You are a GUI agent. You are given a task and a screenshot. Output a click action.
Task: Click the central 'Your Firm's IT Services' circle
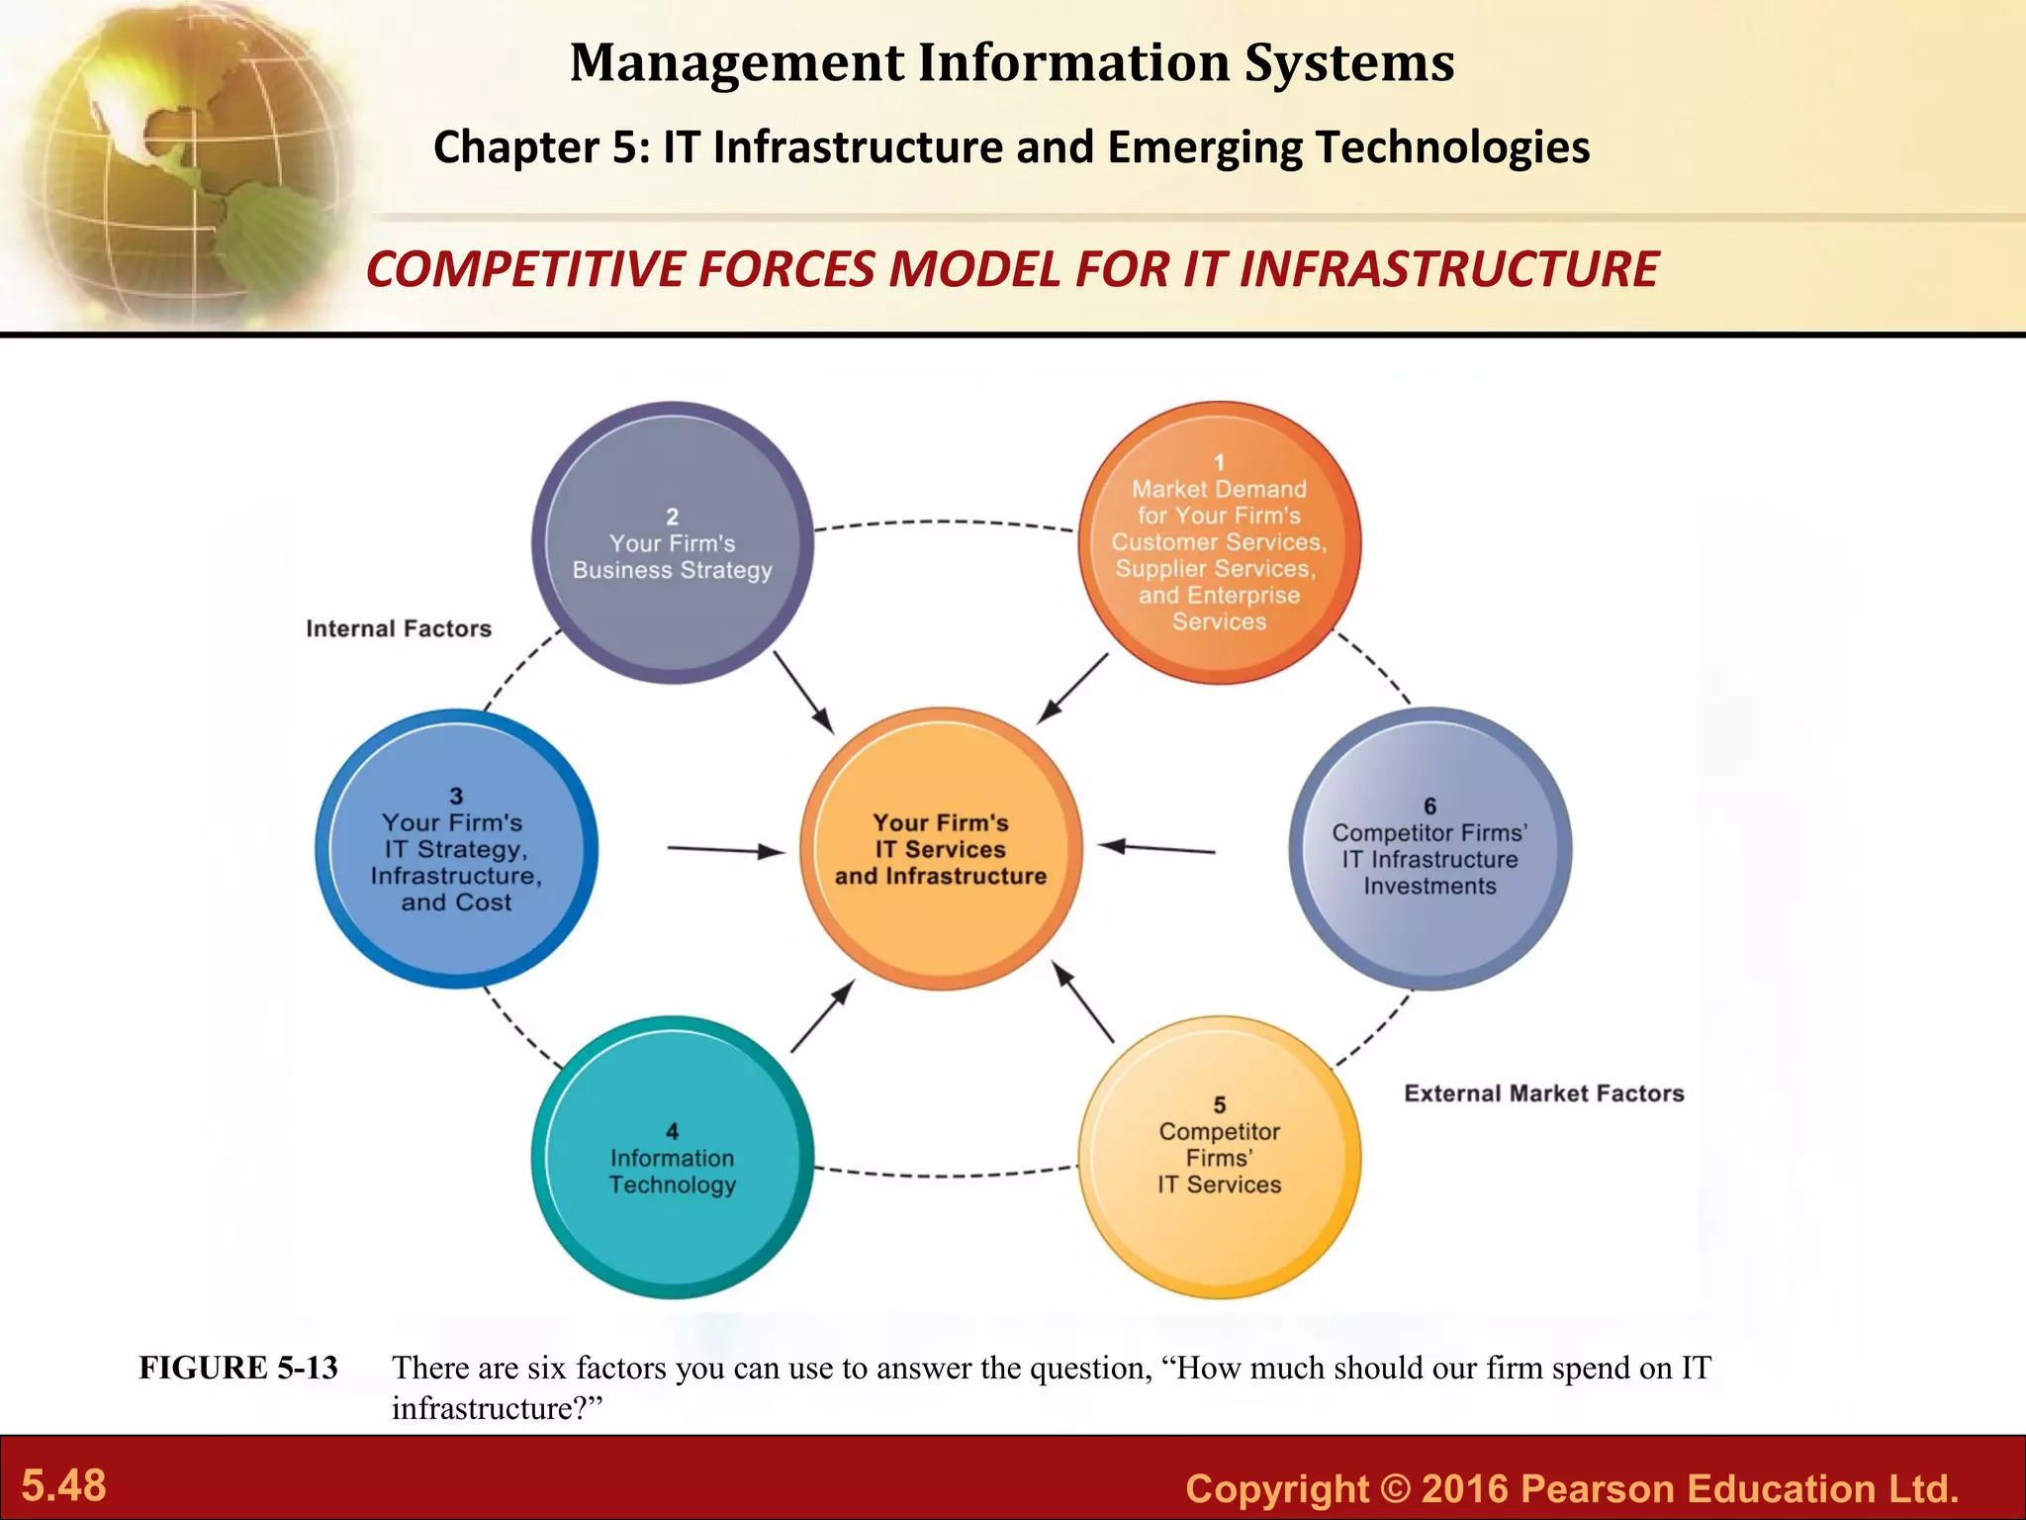tap(941, 849)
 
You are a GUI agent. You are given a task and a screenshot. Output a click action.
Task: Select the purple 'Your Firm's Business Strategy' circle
tap(673, 543)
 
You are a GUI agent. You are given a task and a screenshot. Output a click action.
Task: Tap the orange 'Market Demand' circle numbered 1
tap(1219, 542)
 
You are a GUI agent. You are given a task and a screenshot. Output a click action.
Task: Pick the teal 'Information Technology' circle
tap(673, 1158)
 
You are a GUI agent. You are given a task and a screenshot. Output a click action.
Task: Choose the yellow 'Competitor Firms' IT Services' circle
tap(1219, 1158)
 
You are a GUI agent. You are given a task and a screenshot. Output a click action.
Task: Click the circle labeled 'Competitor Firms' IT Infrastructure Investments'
tap(1429, 848)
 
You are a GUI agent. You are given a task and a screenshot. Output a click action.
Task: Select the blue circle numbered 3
tap(456, 849)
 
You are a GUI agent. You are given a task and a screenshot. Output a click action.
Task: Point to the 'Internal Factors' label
tap(399, 628)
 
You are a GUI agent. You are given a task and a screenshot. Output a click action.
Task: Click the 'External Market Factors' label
tap(1543, 1093)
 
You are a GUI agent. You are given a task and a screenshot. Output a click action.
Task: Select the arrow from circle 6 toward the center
tap(1157, 848)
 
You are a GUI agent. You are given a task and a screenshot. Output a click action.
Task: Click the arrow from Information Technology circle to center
tap(822, 1016)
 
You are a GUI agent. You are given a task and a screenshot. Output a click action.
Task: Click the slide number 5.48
tap(64, 1485)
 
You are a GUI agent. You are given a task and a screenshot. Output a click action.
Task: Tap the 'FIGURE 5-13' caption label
tap(238, 1368)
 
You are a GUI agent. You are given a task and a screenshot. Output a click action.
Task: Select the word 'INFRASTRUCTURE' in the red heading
tap(1448, 269)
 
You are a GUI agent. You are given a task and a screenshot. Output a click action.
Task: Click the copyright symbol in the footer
tap(1395, 1488)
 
